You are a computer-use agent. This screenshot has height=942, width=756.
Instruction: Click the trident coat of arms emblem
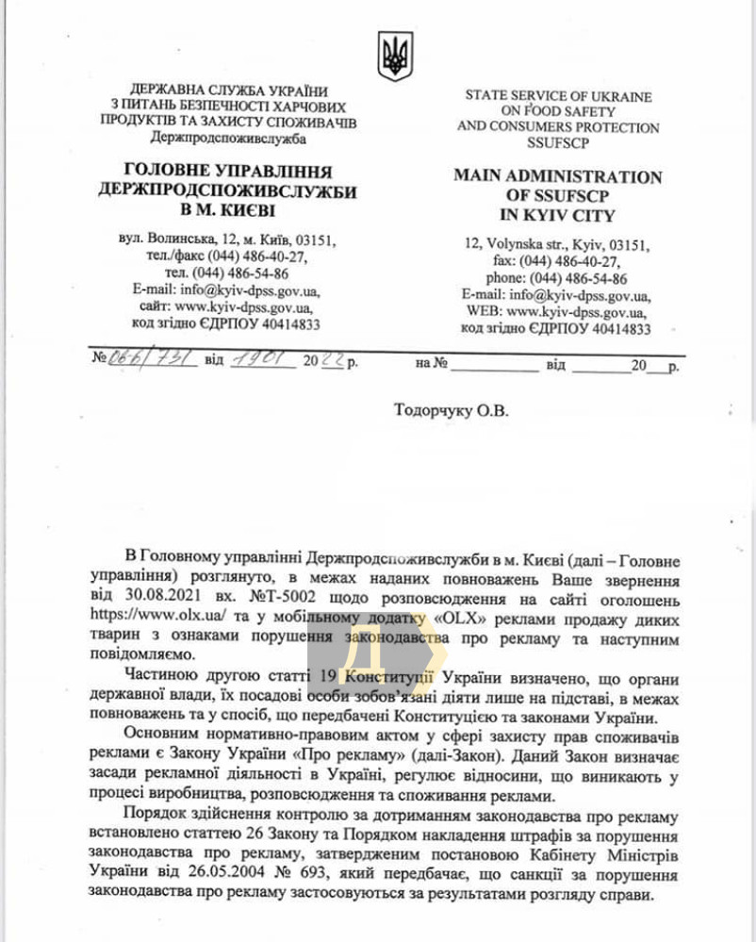pos(395,56)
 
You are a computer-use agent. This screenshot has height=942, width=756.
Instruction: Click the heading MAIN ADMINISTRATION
pos(557,176)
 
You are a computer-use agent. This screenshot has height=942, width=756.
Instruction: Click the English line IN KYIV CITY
pos(557,214)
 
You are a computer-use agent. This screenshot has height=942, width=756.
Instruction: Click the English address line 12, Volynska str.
pos(556,245)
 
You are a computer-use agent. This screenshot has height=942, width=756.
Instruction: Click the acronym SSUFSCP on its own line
pos(557,142)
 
